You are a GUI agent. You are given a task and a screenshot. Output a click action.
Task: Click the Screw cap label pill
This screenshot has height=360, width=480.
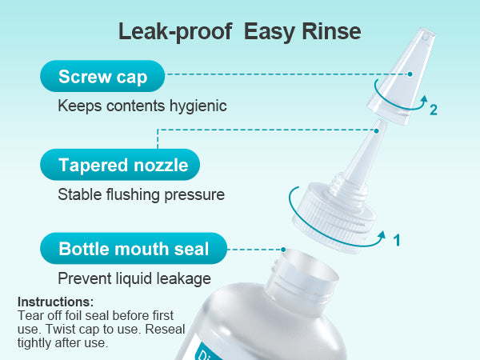pyautogui.click(x=102, y=76)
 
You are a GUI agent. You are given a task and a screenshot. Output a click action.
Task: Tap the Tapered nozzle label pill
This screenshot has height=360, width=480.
pyautogui.click(x=120, y=165)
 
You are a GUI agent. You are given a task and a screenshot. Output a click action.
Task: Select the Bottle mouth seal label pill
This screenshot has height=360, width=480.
pyautogui.click(x=134, y=248)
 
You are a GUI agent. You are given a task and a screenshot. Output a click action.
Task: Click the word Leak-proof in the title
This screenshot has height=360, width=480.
pyautogui.click(x=175, y=31)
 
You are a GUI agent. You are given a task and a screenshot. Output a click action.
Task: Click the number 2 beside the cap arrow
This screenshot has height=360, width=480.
pyautogui.click(x=434, y=110)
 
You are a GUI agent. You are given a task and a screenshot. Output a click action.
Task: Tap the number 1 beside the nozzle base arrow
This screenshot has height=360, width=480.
pyautogui.click(x=397, y=240)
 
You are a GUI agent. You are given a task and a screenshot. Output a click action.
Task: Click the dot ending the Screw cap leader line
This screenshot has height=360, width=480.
pyautogui.click(x=410, y=74)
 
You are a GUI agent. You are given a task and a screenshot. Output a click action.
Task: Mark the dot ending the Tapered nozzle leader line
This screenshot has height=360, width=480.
pyautogui.click(x=377, y=131)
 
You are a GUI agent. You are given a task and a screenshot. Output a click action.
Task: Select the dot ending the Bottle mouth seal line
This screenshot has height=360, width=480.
pyautogui.click(x=283, y=250)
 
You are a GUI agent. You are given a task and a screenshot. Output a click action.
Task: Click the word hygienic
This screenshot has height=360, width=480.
pyautogui.click(x=198, y=106)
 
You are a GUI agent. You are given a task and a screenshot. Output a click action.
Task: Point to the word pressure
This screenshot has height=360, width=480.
pyautogui.click(x=194, y=195)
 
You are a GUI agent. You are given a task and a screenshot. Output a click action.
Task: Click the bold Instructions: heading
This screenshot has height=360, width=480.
pyautogui.click(x=56, y=302)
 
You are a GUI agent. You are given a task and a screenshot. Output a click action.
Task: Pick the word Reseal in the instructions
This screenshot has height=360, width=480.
pyautogui.click(x=165, y=329)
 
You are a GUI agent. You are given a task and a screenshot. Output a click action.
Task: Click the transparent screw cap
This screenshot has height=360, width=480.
pyautogui.click(x=402, y=76)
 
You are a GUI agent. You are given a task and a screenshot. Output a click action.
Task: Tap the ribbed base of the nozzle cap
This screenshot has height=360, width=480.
pyautogui.click(x=334, y=218)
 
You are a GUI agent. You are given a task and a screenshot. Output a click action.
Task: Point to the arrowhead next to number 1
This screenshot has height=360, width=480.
pyautogui.click(x=382, y=235)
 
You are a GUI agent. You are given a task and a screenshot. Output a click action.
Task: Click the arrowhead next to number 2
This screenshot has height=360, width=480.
pyautogui.click(x=424, y=99)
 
